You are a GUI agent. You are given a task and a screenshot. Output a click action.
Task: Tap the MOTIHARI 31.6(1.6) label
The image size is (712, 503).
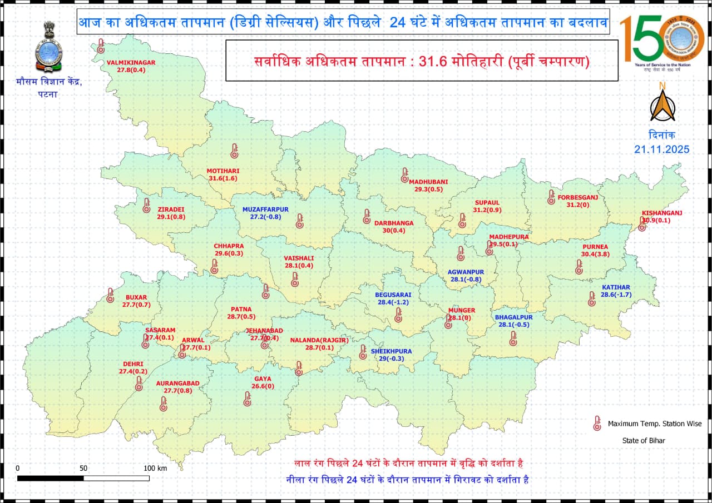pos(222,174)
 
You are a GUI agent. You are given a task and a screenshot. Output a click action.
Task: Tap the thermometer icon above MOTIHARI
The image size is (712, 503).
pos(234,151)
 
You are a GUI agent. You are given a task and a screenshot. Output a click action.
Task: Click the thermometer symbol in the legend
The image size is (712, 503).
pos(597,424)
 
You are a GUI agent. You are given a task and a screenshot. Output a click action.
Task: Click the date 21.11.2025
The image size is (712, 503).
pos(661,149)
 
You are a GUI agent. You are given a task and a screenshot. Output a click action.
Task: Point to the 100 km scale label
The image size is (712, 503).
pos(155,468)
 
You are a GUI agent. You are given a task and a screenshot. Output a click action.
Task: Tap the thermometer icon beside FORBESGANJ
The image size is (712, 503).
pos(551,197)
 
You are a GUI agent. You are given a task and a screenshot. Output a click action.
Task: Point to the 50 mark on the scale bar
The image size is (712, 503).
pos(83,468)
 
